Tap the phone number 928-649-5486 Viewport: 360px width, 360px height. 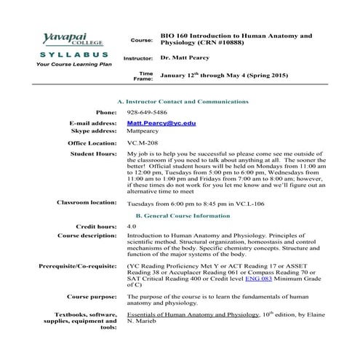coord(146,113)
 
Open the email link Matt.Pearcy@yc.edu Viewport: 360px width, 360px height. coord(161,124)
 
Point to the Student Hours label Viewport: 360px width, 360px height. coord(93,154)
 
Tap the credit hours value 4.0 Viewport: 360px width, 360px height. coord(131,227)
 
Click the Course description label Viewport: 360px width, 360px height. coord(87,236)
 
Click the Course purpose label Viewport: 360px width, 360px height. coord(92,297)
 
